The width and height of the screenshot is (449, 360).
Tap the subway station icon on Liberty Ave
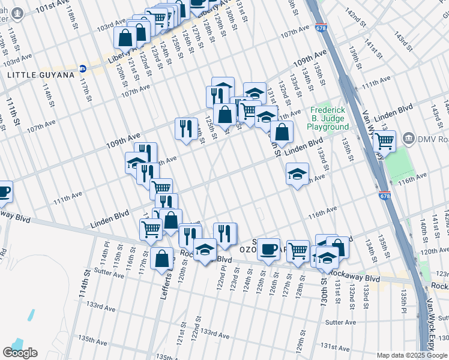click(x=83, y=68)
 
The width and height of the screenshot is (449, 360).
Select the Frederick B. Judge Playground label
click(x=328, y=118)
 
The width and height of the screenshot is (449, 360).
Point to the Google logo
click(x=20, y=353)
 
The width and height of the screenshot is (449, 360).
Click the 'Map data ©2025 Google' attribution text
click(x=412, y=355)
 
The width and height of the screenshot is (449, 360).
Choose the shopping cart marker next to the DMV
click(x=384, y=141)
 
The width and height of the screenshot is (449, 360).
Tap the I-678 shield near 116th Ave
click(x=384, y=196)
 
